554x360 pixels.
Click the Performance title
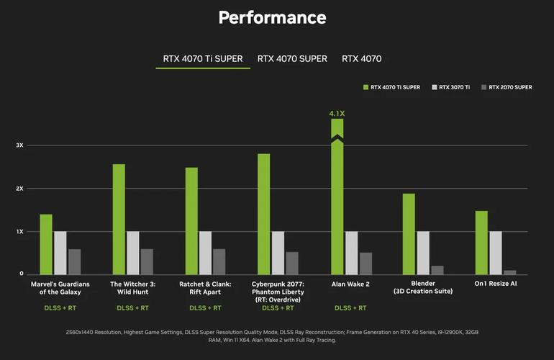272,18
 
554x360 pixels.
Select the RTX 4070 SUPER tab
292,59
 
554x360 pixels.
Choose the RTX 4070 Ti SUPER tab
203,59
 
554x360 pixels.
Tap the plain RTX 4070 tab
361,59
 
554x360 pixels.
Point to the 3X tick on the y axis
20,145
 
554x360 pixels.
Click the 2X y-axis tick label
20,189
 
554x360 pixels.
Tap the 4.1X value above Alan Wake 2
337,113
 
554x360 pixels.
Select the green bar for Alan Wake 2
337,202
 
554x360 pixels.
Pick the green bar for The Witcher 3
119,219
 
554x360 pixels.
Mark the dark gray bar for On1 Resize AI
509,272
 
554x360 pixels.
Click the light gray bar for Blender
423,253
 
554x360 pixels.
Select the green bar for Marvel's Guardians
46,244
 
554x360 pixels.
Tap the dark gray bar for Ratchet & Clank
219,261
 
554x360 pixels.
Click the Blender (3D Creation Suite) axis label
423,287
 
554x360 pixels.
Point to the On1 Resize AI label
496,284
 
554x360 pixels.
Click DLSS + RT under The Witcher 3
132,308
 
